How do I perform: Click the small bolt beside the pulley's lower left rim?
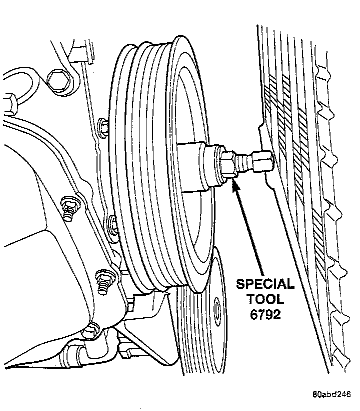pos(113,222)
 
